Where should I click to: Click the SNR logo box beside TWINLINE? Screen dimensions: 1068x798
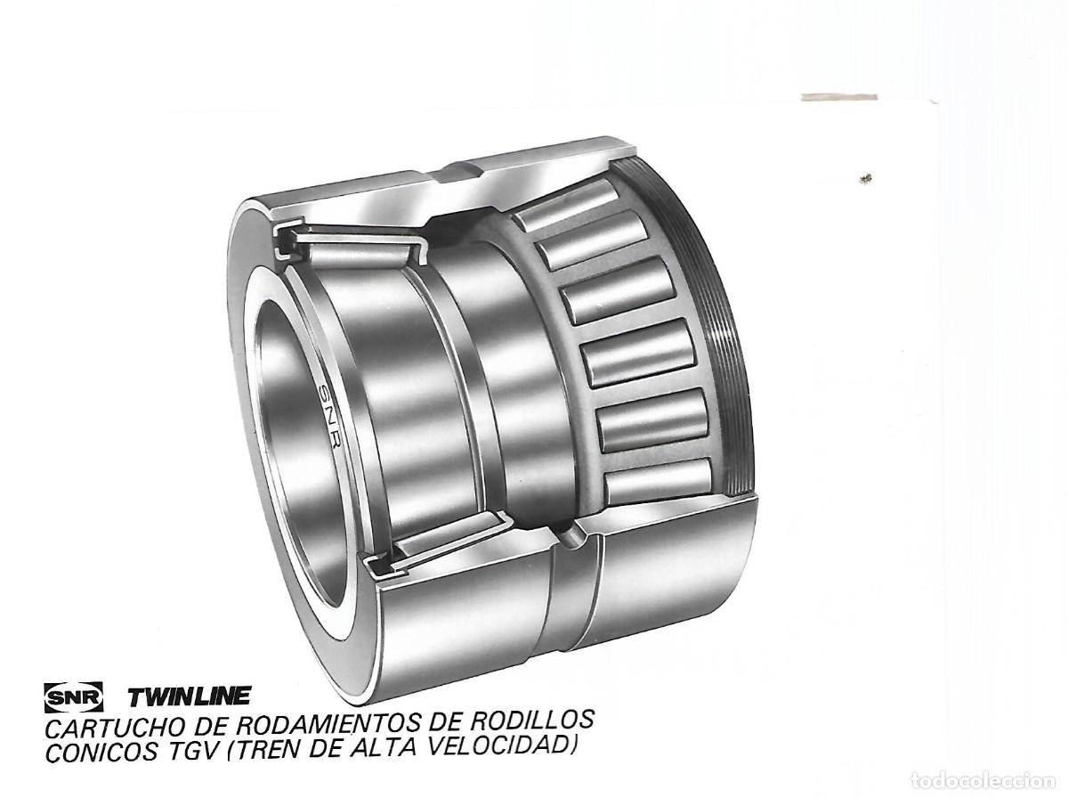click(x=74, y=696)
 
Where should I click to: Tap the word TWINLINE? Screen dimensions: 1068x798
click(x=189, y=696)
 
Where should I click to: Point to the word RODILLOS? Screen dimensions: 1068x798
click(x=535, y=721)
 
